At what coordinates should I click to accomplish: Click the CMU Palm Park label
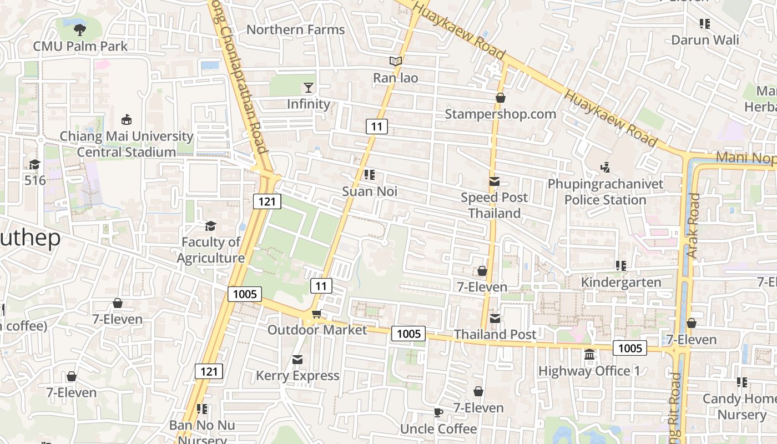pyautogui.click(x=80, y=46)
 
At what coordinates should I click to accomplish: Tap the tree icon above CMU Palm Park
pyautogui.click(x=80, y=30)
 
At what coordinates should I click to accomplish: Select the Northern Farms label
pyautogui.click(x=295, y=29)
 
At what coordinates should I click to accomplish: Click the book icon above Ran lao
pyautogui.click(x=395, y=62)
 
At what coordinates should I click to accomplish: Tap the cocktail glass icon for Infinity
pyautogui.click(x=309, y=88)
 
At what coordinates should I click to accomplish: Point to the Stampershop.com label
pyautogui.click(x=500, y=114)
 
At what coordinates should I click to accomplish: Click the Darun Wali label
pyautogui.click(x=705, y=40)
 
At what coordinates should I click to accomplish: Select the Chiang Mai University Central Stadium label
pyautogui.click(x=127, y=144)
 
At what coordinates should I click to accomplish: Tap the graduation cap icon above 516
pyautogui.click(x=34, y=164)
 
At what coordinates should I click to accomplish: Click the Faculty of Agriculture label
pyautogui.click(x=211, y=250)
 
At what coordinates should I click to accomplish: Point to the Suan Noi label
pyautogui.click(x=370, y=191)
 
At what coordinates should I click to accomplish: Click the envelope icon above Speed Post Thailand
pyautogui.click(x=494, y=181)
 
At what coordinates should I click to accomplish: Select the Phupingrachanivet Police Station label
pyautogui.click(x=606, y=191)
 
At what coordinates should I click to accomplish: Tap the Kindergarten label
pyautogui.click(x=621, y=282)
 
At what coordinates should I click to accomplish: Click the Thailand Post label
pyautogui.click(x=495, y=334)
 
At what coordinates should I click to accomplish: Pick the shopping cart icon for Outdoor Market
pyautogui.click(x=316, y=315)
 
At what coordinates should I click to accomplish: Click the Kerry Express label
pyautogui.click(x=297, y=376)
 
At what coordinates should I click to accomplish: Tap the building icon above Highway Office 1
pyautogui.click(x=589, y=354)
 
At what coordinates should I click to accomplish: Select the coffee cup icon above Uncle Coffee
pyautogui.click(x=438, y=412)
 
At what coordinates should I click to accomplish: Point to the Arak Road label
pyautogui.click(x=693, y=225)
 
